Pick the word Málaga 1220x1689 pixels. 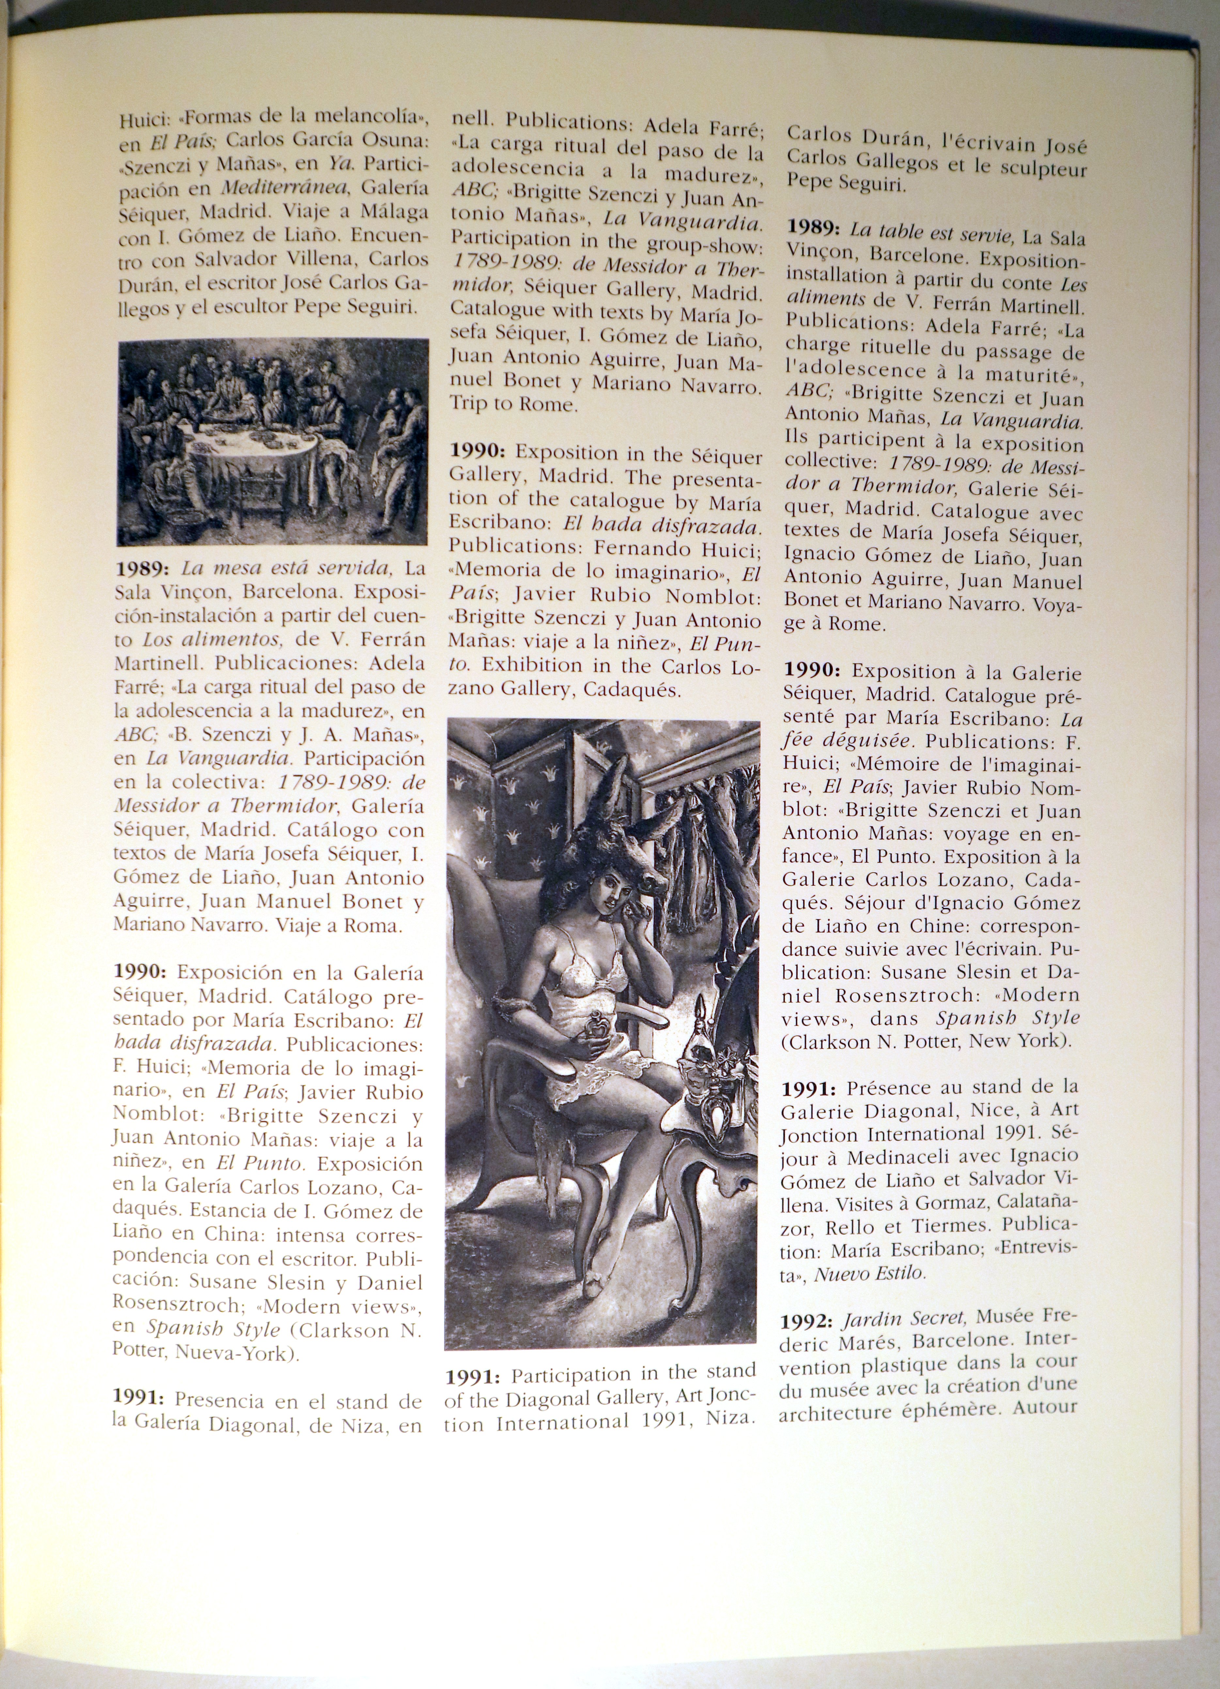393,211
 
